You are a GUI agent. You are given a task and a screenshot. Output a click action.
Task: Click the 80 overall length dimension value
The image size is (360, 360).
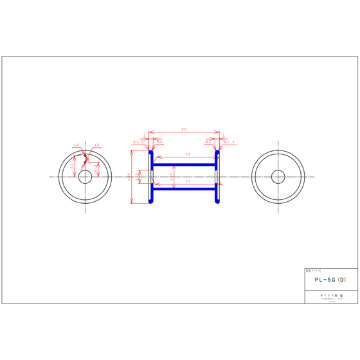pyautogui.click(x=184, y=130)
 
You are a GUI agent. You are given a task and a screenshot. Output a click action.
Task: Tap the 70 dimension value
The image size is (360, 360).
pyautogui.click(x=187, y=154)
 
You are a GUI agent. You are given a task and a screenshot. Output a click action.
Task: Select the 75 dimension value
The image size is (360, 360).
pyautogui.click(x=187, y=182)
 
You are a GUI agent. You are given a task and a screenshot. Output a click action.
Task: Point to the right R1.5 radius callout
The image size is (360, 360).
pyautogui.click(x=230, y=141)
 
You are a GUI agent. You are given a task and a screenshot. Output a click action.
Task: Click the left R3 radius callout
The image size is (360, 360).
pyautogui.click(x=159, y=141)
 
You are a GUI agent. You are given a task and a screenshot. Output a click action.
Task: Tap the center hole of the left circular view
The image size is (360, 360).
pyautogui.click(x=85, y=176)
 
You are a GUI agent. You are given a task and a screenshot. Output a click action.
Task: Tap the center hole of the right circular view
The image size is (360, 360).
pyautogui.click(x=278, y=176)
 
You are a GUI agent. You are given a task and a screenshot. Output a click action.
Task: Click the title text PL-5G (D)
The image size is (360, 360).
pyautogui.click(x=330, y=280)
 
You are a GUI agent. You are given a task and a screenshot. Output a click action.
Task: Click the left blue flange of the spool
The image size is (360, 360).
pyautogui.click(x=151, y=177)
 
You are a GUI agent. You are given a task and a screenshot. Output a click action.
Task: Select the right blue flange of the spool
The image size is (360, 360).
pyautogui.click(x=217, y=177)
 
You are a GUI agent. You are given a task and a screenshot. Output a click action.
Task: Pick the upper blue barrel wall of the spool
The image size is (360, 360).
pyautogui.click(x=184, y=165)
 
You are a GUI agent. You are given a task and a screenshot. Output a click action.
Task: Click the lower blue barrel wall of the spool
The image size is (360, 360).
pyautogui.click(x=184, y=189)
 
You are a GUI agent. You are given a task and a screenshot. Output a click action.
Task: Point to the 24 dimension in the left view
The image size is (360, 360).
pyautogui.click(x=73, y=165)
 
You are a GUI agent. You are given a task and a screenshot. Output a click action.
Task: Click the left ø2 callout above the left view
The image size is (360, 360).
pyautogui.click(x=76, y=145)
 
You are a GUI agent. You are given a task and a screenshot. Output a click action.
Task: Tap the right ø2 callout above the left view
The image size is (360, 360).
pyautogui.click(x=96, y=145)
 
